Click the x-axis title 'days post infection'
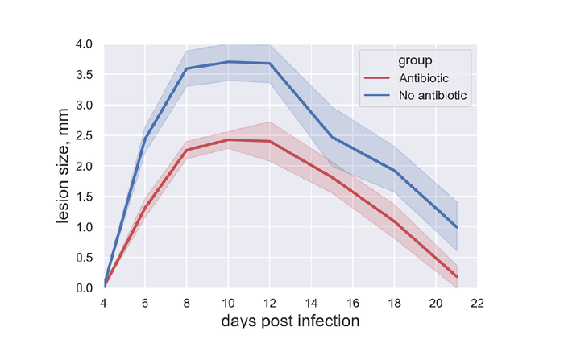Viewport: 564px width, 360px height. point(290,321)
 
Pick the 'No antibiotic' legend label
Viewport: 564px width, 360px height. point(433,95)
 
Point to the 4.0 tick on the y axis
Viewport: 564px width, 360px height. point(88,44)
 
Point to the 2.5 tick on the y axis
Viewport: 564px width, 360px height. point(88,136)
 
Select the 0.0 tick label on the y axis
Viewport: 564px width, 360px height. point(88,288)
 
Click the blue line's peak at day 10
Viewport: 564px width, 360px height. point(228,62)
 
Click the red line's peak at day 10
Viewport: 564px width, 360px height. point(228,140)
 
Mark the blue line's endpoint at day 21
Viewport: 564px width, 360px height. point(456,227)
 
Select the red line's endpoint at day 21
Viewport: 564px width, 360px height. point(456,276)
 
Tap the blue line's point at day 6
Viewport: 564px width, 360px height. point(145,139)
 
